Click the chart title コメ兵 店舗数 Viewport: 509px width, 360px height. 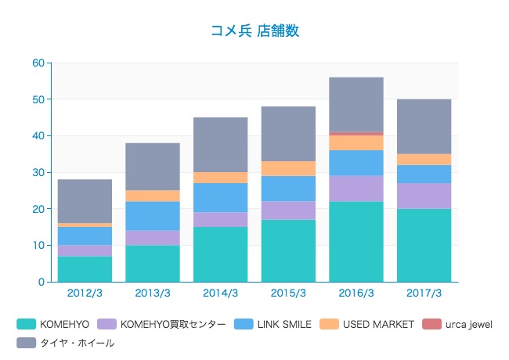(254, 31)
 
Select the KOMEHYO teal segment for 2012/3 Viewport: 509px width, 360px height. (85, 268)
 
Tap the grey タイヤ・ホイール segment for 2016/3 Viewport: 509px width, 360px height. (356, 104)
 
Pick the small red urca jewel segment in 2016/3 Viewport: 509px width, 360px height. (356, 134)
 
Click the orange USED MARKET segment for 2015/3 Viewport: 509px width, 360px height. (288, 168)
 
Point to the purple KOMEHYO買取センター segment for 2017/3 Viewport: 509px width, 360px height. (424, 196)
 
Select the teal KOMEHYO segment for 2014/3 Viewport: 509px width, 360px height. (221, 254)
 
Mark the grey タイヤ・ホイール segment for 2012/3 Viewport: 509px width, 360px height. (85, 201)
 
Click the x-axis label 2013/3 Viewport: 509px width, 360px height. (153, 293)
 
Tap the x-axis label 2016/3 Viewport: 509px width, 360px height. (356, 293)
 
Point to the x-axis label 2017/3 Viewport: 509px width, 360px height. (424, 293)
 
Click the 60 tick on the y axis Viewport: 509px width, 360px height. (38, 63)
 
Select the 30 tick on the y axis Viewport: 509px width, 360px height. (38, 173)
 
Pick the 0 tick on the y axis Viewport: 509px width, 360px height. (42, 283)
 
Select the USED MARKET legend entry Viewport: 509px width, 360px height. (368, 324)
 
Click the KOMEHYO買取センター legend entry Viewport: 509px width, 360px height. (164, 324)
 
